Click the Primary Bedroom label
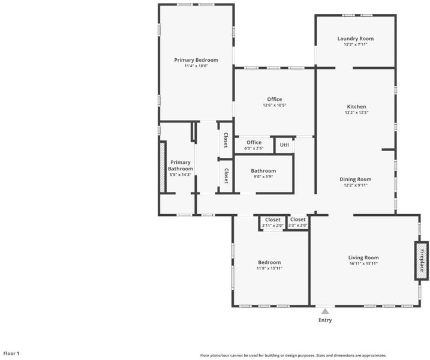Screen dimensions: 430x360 (x=196, y=60)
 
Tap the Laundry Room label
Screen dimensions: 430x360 (x=356, y=38)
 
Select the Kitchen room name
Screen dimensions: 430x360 (x=356, y=106)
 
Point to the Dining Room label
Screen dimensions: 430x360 (x=356, y=179)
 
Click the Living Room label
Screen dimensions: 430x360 (x=363, y=257)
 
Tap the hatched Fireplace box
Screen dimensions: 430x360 (x=421, y=260)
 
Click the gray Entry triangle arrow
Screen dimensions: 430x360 (x=325, y=311)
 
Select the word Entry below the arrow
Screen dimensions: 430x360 (x=325, y=320)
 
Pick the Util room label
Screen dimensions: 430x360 (x=284, y=145)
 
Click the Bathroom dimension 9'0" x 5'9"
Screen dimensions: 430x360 (x=263, y=177)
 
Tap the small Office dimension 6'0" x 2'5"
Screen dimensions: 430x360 (x=254, y=148)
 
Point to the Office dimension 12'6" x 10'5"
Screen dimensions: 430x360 (x=275, y=105)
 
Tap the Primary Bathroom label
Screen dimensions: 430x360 (x=181, y=166)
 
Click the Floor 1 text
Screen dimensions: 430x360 (x=11, y=353)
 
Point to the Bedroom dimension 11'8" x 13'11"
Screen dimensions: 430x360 (x=269, y=268)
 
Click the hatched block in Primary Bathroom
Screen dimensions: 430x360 (x=163, y=167)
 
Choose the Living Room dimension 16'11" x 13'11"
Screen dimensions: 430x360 (x=363, y=263)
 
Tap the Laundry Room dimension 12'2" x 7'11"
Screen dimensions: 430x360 (x=356, y=44)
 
